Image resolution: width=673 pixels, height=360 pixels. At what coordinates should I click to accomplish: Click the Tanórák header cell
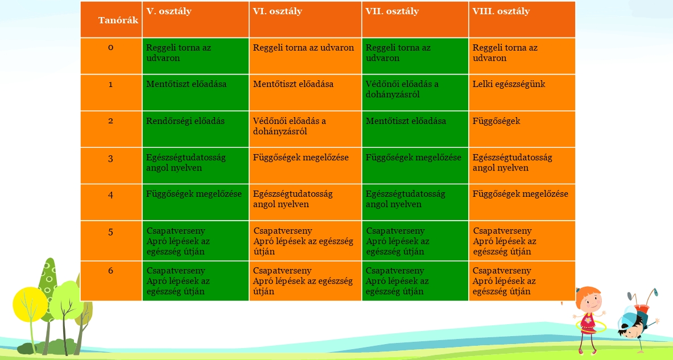(111, 20)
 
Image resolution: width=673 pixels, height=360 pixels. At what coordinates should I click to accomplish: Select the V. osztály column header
(195, 20)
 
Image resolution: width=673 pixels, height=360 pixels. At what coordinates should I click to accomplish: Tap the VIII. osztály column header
(522, 20)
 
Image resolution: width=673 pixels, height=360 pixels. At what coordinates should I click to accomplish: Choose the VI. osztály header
(305, 20)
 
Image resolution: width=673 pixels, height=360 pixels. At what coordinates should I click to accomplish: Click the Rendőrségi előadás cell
(195, 129)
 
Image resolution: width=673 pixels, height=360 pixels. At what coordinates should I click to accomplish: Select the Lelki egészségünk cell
(522, 93)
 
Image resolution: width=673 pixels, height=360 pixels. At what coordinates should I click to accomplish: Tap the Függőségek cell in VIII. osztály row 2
(522, 129)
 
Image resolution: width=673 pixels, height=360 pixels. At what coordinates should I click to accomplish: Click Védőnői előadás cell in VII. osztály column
(415, 93)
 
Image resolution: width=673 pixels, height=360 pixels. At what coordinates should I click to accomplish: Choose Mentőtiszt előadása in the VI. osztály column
(305, 93)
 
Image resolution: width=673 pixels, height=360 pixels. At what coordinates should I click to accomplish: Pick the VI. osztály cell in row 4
(305, 202)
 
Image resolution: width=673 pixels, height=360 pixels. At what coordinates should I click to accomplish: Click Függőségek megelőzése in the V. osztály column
(195, 202)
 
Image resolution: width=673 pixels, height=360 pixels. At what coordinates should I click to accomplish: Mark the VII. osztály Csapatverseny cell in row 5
(415, 241)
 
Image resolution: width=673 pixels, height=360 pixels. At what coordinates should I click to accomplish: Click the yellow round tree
(30, 304)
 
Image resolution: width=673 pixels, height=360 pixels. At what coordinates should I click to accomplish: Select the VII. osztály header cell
(415, 20)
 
